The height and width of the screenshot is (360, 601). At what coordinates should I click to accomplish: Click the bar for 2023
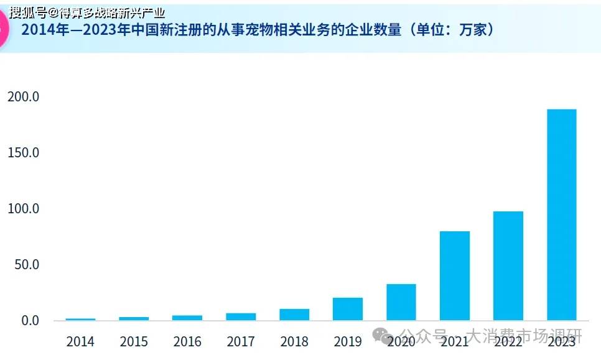point(561,215)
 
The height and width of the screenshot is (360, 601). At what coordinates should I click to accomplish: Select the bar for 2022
point(508,265)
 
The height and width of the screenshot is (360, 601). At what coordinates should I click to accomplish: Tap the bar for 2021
point(454,275)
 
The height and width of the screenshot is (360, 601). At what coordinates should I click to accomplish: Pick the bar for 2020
point(401,302)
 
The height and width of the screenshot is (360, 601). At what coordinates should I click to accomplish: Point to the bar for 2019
point(347,309)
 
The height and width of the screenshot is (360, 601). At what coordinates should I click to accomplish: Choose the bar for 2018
point(294,315)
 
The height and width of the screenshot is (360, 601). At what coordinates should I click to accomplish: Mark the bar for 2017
point(241,316)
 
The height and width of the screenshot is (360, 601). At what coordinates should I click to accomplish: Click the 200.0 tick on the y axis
point(23,96)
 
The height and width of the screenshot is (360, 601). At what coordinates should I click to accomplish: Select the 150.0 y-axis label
point(23,152)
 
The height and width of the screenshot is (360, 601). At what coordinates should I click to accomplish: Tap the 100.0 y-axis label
point(23,208)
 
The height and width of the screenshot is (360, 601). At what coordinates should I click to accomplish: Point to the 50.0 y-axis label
point(26,264)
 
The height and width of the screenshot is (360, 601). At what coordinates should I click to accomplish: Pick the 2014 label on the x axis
point(80,341)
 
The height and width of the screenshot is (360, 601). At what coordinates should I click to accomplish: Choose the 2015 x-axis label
point(134,341)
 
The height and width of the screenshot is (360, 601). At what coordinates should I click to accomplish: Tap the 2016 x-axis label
point(187,341)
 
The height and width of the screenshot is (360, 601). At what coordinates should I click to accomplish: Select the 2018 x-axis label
point(294,341)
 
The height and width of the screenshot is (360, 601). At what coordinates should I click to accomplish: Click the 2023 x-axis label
point(561,341)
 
